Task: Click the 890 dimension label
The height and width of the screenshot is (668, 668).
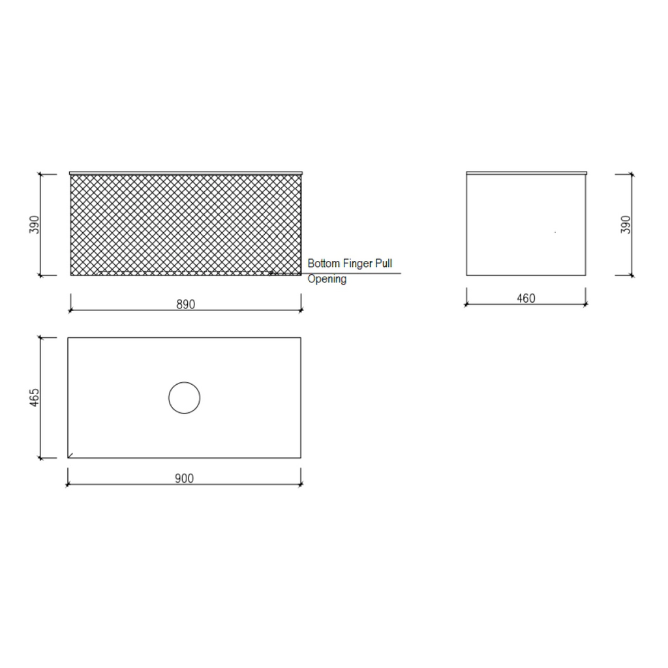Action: [185, 303]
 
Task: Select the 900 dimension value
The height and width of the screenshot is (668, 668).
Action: [185, 478]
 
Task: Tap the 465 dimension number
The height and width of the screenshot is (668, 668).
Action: [35, 397]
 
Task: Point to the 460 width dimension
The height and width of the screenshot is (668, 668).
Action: [526, 298]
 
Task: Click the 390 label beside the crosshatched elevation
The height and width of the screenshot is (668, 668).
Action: [35, 224]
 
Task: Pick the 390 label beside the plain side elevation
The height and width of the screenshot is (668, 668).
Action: [626, 224]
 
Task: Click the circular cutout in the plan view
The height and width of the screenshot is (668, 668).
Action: [185, 398]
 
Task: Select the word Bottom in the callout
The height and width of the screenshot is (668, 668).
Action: [324, 264]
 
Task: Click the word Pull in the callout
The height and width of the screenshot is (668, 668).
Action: [384, 264]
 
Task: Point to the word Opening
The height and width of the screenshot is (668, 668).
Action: [327, 279]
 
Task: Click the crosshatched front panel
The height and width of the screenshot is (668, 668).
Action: [185, 222]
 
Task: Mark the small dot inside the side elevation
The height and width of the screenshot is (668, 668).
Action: [554, 232]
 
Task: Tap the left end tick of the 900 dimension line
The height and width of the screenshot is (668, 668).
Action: [68, 485]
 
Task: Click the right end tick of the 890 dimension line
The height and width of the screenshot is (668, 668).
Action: [301, 310]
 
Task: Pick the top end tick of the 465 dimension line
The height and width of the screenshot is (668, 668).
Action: [40, 337]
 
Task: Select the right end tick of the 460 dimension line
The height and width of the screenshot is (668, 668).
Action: [586, 304]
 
